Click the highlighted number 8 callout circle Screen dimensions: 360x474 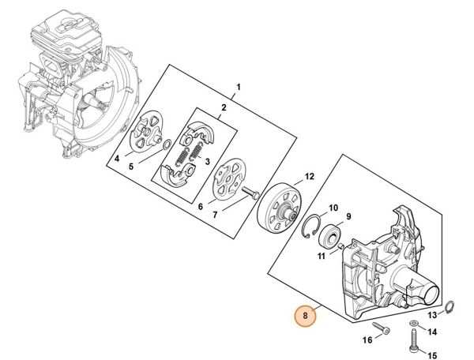tap(303, 316)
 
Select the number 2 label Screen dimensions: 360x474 tap(224, 107)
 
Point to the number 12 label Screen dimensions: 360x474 tap(310, 176)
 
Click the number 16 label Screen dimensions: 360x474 tap(367, 339)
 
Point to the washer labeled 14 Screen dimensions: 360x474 tap(413, 324)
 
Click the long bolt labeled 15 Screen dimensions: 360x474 tap(414, 340)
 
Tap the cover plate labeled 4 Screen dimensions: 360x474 tap(143, 132)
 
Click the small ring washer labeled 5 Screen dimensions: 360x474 tap(164, 144)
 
